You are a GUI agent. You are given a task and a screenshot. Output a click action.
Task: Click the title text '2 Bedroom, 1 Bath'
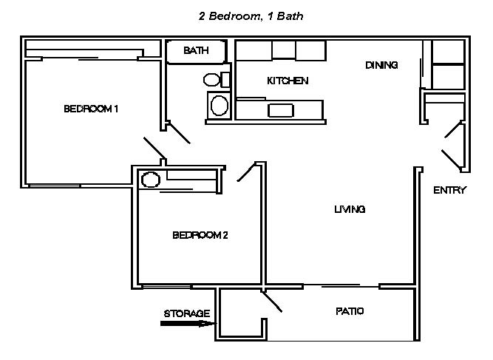coord(251,16)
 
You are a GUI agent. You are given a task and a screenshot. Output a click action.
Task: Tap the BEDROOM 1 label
coord(91,109)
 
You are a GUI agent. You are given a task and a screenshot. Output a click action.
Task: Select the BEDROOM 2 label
coord(200,235)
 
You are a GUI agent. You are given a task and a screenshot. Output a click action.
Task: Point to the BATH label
coord(196,50)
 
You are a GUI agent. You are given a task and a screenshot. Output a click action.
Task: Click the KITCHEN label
coord(288,81)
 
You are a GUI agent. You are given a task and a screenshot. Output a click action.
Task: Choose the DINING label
coord(381,65)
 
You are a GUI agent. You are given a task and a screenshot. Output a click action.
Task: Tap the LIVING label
coord(350,209)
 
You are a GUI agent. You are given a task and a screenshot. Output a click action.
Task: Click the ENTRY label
coord(449,190)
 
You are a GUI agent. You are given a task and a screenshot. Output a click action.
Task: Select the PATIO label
coord(350,311)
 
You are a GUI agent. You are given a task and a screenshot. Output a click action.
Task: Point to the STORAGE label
coord(187,313)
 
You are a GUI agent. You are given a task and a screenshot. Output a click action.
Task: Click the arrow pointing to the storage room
coord(188,324)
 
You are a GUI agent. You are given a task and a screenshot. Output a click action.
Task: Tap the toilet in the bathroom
coord(217,80)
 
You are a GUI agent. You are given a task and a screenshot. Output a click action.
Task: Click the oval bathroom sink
coord(219,106)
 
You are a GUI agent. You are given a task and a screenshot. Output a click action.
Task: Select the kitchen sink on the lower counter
coord(280,110)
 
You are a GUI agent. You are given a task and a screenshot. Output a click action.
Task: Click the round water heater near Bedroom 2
coord(151,180)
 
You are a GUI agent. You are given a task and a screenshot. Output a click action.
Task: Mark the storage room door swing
coord(272,302)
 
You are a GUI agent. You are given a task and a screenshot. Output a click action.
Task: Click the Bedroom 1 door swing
coord(154,148)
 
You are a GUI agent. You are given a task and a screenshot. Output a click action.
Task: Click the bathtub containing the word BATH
coord(196,52)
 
